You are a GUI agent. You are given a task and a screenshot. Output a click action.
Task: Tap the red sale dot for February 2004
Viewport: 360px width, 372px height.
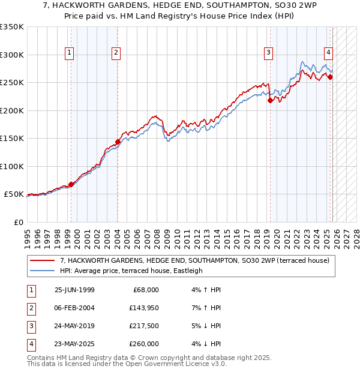click(118, 142)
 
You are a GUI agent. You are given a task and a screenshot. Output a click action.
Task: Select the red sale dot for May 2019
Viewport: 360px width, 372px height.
click(270, 101)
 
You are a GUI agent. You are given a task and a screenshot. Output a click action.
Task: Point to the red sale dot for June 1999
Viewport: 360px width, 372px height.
click(71, 184)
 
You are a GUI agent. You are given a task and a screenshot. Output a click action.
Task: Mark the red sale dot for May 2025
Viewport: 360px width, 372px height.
click(331, 77)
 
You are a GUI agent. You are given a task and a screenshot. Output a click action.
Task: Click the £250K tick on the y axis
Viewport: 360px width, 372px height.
click(12, 83)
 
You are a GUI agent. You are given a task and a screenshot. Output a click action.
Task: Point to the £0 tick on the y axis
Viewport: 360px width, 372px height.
click(17, 223)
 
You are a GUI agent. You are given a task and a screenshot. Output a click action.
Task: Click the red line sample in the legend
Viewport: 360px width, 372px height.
click(43, 261)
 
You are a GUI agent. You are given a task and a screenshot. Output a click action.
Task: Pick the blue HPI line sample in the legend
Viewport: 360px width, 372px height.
click(43, 271)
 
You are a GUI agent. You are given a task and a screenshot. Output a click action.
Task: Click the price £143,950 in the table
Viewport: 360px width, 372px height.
click(144, 308)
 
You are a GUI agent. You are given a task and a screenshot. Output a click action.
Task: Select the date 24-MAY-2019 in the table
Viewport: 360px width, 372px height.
click(74, 326)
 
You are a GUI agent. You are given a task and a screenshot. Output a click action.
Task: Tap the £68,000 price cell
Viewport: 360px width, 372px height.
click(145, 290)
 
